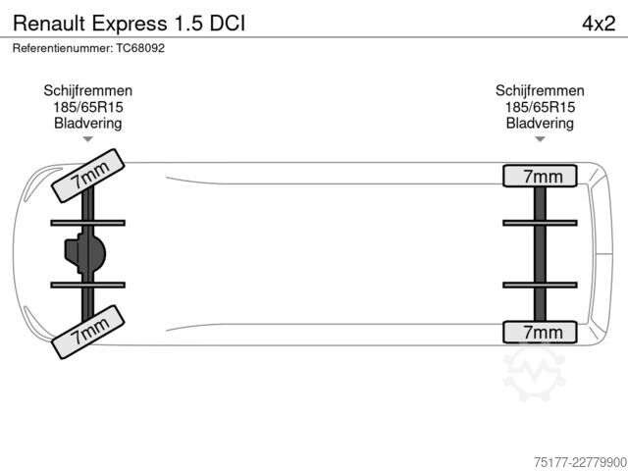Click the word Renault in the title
click(49, 24)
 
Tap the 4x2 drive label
click(599, 24)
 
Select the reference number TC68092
click(140, 48)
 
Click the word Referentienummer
click(63, 48)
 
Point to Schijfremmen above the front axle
click(88, 90)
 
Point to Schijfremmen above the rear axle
click(540, 90)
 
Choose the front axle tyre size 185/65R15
click(88, 107)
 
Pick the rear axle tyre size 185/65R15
click(540, 107)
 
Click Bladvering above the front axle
click(88, 123)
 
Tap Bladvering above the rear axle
click(540, 123)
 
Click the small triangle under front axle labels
click(87, 139)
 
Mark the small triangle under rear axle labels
click(540, 139)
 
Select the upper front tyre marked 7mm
click(88, 176)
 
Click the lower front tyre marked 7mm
click(88, 332)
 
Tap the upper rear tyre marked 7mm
click(540, 176)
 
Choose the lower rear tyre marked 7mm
click(540, 332)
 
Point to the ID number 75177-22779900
click(580, 462)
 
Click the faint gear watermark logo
click(535, 374)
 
